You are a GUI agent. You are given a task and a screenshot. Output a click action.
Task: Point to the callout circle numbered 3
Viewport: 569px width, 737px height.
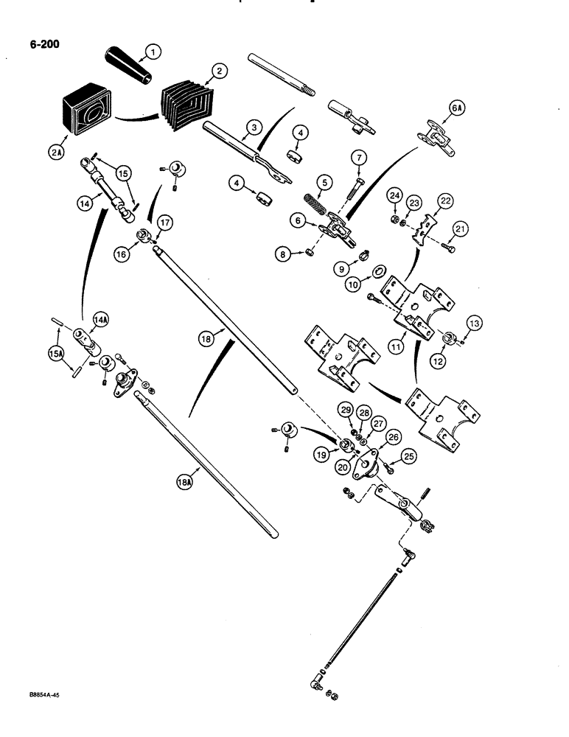(x=253, y=128)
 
